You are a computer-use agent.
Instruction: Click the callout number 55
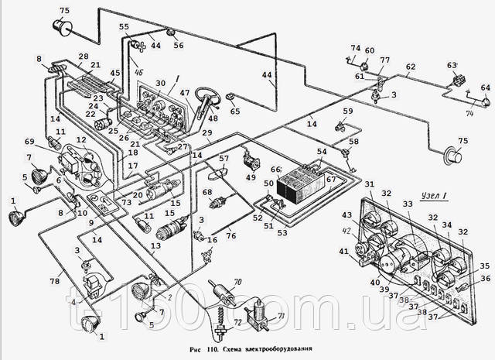pyautogui.click(x=124, y=26)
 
